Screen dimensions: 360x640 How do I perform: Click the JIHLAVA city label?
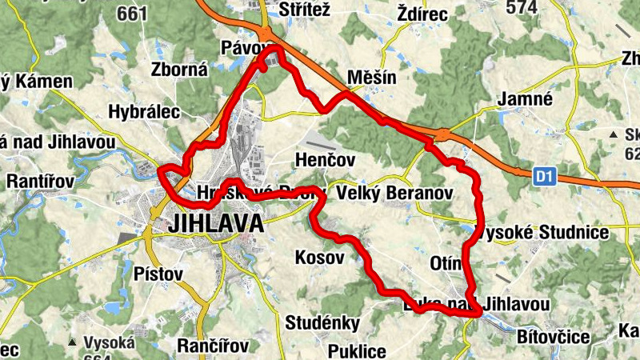click(216, 224)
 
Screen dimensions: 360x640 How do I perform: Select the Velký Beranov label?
click(395, 194)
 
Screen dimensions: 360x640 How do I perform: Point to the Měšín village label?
click(372, 77)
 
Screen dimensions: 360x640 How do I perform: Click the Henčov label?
click(325, 160)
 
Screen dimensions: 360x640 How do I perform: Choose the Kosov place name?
click(319, 258)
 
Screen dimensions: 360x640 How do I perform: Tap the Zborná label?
click(179, 70)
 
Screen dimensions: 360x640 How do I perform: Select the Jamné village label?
click(526, 99)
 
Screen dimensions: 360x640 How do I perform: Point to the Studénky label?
click(322, 323)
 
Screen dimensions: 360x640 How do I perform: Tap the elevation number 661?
click(131, 13)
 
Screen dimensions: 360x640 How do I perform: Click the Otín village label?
click(446, 264)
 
